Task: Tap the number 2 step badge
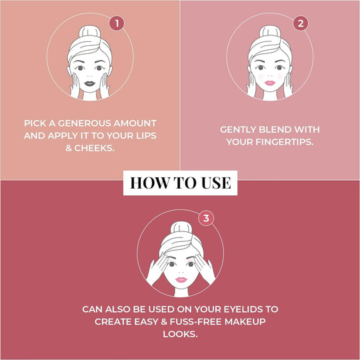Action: click(x=301, y=23)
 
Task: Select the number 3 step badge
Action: click(x=207, y=217)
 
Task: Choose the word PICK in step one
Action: click(x=37, y=123)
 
